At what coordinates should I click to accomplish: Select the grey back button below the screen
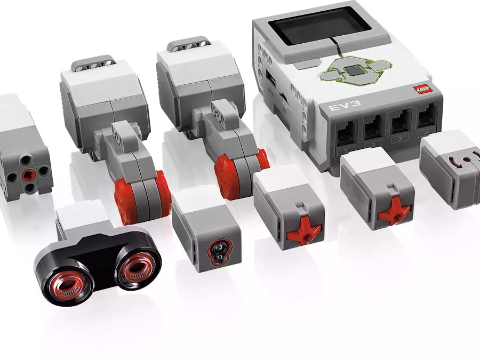(x=305, y=64)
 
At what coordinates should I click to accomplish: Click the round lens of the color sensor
(x=218, y=251)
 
